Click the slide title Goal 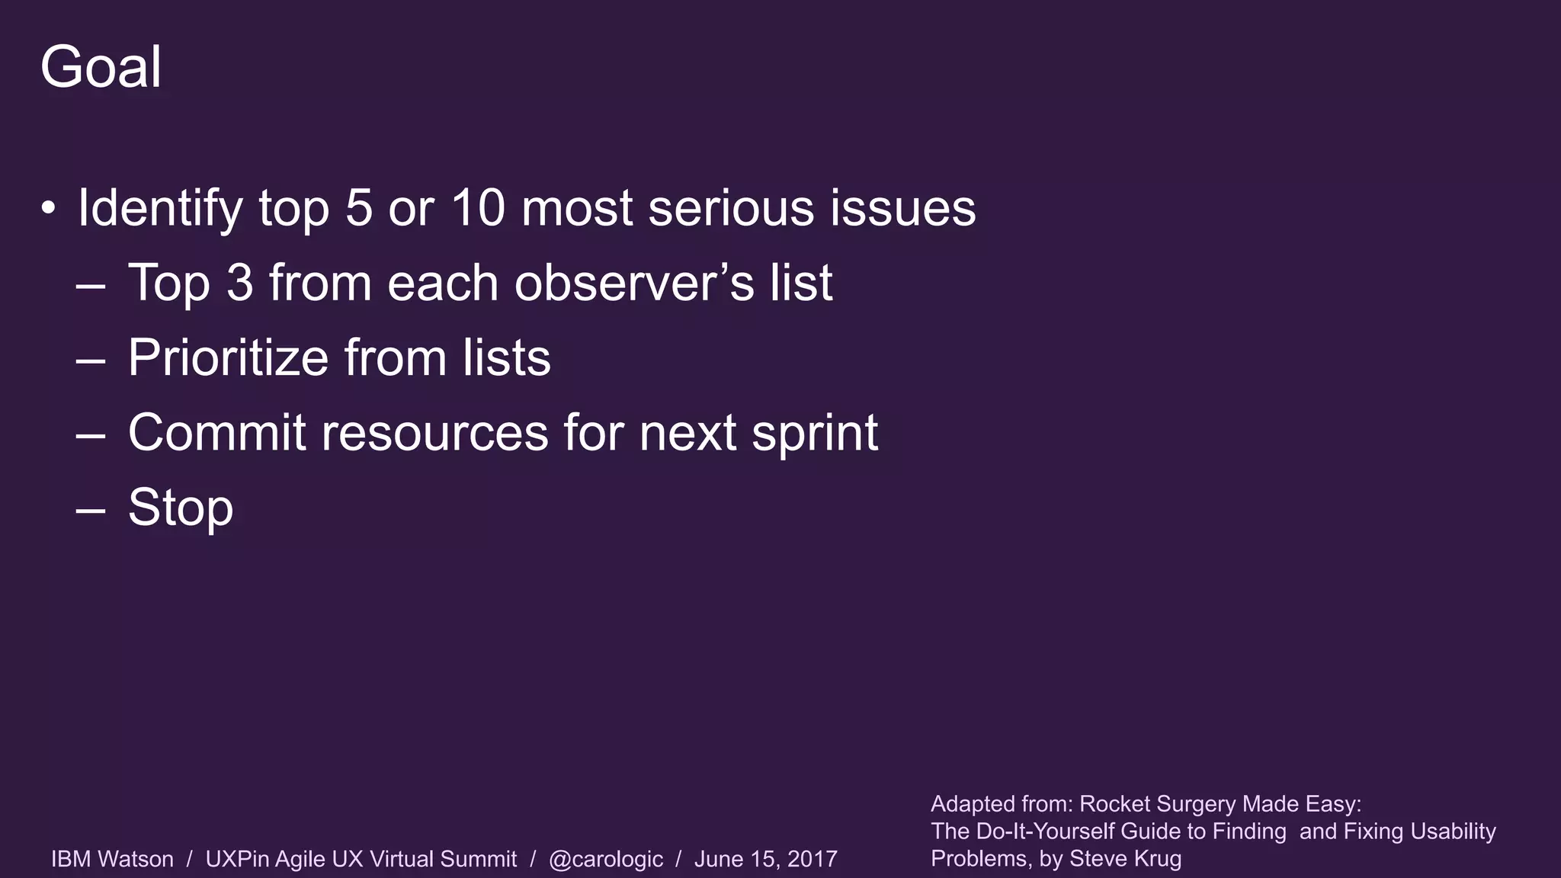point(101,67)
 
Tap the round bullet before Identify point(48,208)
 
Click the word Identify point(159,208)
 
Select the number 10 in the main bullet point(478,208)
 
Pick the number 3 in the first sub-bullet point(239,283)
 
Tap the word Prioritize point(227,357)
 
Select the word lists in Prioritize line point(506,357)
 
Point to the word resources point(434,432)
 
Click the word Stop point(181,508)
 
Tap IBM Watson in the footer point(112,859)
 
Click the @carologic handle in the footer point(605,859)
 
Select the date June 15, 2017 point(765,859)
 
